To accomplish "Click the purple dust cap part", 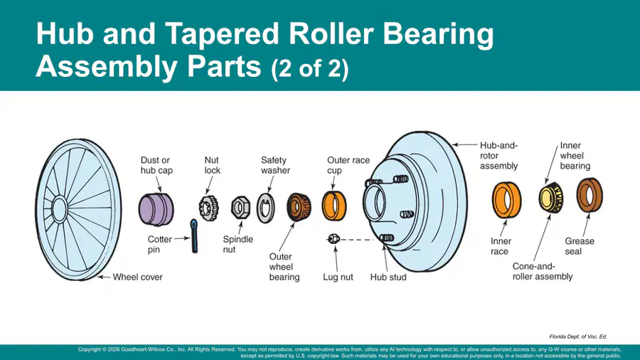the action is [x=156, y=209].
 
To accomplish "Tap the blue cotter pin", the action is [x=194, y=236].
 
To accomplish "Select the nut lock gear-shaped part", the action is [x=208, y=208].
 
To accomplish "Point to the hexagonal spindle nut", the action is [x=240, y=208].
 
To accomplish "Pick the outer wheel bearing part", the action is [x=299, y=207].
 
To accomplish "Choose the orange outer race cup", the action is [x=334, y=206].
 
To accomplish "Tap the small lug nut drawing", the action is [x=334, y=239].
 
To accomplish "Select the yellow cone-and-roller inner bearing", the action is [x=550, y=198].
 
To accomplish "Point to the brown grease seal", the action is [x=581, y=196].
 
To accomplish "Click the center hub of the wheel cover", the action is [x=60, y=208].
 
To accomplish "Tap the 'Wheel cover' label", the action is [x=137, y=277].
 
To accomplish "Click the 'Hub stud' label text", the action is [x=388, y=277].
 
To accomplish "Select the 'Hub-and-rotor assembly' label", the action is [x=498, y=156].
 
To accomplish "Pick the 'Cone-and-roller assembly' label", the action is [x=543, y=272].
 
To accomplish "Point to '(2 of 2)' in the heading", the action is [x=310, y=68].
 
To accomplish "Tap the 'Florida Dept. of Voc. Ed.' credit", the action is [x=578, y=337].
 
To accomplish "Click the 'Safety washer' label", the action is [x=275, y=165].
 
